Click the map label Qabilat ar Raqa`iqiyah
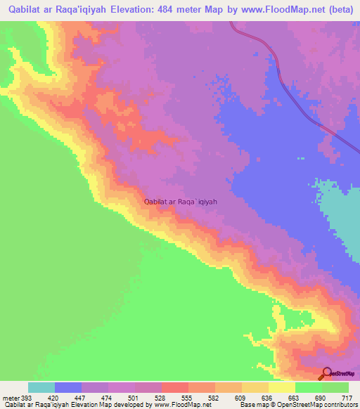coord(181,201)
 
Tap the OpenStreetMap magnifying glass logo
coord(326,374)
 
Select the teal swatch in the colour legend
coord(41,388)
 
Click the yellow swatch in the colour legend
coord(282,388)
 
